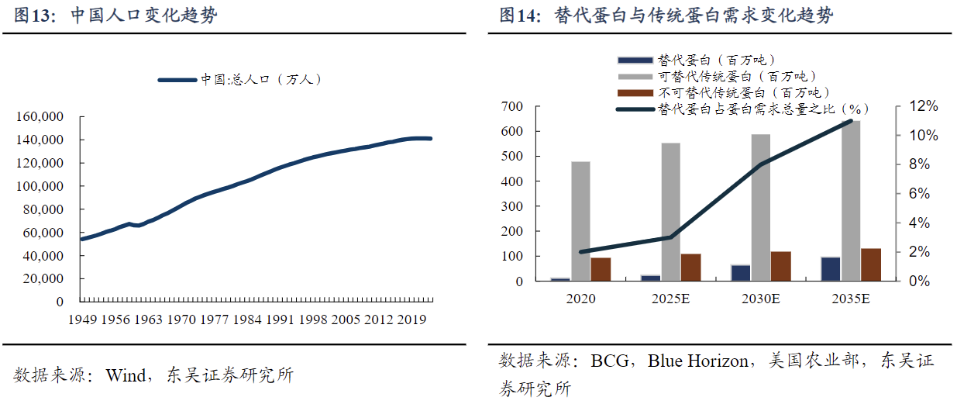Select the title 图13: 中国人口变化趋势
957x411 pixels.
(115, 16)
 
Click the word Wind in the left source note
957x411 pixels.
(125, 376)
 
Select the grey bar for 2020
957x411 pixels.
(580, 221)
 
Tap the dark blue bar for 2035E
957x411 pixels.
(831, 268)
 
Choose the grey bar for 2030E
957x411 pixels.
(761, 207)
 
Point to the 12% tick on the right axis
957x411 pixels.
(922, 106)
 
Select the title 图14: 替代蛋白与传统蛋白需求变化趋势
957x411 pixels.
(666, 16)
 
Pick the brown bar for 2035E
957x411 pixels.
(871, 264)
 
